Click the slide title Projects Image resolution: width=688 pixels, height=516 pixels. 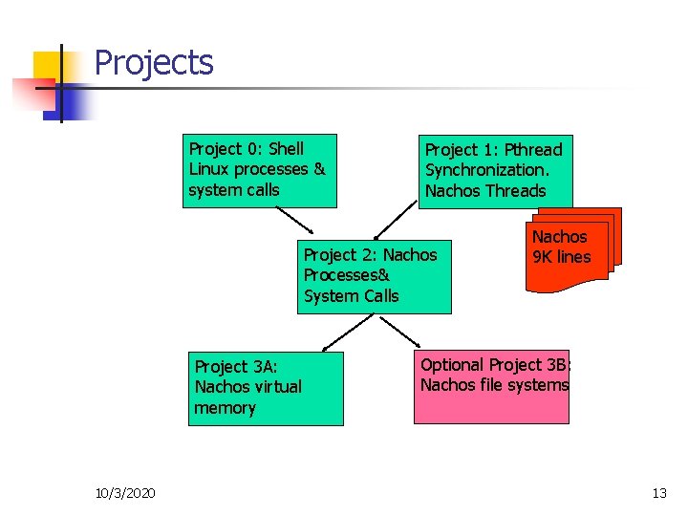pos(154,63)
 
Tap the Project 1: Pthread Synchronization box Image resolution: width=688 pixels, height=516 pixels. pos(498,171)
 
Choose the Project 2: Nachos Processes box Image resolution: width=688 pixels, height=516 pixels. pos(374,275)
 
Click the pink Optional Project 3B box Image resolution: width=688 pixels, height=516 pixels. pos(491,387)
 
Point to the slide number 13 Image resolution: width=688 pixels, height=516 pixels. pos(658,493)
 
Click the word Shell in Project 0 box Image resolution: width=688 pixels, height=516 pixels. pos(286,148)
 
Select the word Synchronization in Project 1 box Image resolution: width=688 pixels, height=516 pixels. pos(486,170)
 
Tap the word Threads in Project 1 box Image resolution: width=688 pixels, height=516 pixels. pos(515,191)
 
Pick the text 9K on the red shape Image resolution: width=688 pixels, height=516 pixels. pos(543,257)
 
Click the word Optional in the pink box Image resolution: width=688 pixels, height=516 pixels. pos(452,364)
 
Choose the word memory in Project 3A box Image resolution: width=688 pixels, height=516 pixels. pos(225,408)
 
